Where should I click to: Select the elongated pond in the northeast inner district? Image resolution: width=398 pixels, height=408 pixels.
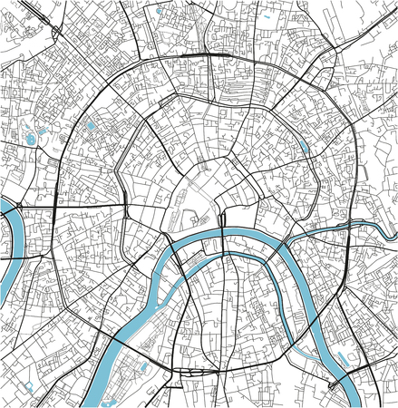(304, 144)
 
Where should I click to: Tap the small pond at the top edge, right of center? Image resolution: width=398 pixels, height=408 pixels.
(270, 16)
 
